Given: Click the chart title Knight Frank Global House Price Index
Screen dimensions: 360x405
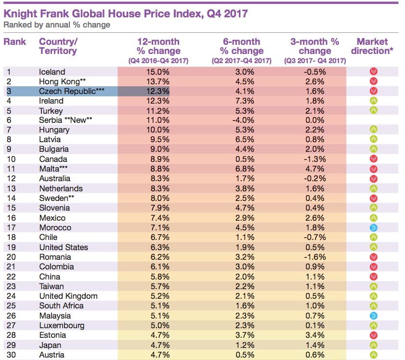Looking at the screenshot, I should pos(126,13).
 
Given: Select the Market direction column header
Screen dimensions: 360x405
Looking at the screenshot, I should pos(372,46).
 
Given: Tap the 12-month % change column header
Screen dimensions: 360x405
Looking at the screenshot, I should pos(158,46).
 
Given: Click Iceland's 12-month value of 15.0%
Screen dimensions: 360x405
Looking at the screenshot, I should pos(157,72).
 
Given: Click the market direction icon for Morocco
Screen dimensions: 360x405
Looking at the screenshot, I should pos(374,227).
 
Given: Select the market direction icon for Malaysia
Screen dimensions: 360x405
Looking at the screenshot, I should pos(374,316).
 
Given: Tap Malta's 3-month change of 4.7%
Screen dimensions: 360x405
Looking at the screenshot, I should pos(315,169).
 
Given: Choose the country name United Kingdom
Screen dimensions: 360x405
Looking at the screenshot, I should pos(68,296).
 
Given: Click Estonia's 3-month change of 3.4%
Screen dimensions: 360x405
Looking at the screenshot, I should pos(315,335).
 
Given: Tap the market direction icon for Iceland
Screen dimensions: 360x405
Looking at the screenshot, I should pos(374,72).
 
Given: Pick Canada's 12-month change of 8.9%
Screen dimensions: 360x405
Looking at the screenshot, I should pos(157,160).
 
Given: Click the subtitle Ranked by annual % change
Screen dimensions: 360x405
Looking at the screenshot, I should pos(57,25).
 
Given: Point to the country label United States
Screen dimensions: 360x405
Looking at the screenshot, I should pos(64,247).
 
